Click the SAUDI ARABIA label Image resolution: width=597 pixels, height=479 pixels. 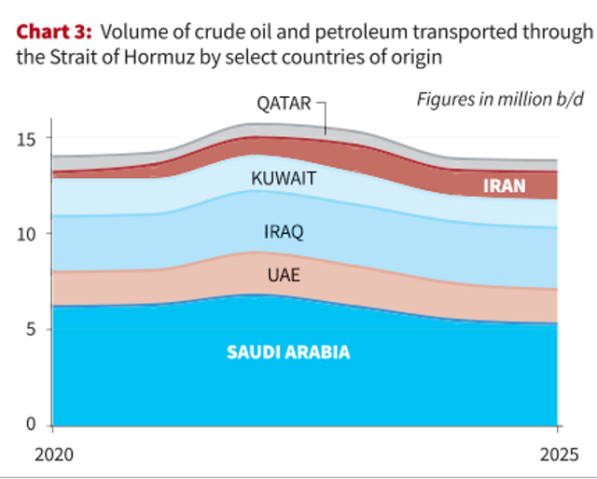288,353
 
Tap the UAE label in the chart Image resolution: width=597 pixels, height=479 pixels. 284,275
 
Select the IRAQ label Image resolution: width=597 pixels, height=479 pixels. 284,232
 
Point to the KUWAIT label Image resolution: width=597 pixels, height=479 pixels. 285,178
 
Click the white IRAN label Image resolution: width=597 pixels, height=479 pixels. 504,185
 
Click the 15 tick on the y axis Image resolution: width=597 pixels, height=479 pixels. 28,139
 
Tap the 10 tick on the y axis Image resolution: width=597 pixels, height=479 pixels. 28,234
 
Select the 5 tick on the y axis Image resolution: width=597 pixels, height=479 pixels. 34,330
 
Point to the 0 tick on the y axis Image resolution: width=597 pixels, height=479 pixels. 34,425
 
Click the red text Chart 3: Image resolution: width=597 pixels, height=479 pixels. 52,33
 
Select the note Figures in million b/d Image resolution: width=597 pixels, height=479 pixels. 494,99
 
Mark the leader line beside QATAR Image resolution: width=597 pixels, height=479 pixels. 324,116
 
